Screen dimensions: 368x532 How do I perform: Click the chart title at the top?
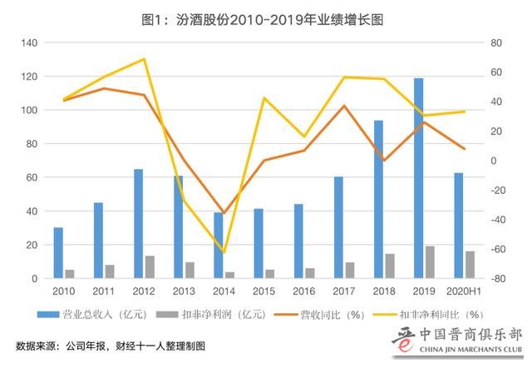tap(266, 14)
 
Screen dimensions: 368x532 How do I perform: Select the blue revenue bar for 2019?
tap(419, 178)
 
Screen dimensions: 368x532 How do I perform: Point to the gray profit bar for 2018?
tap(390, 266)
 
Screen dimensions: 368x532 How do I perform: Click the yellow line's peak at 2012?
tap(144, 59)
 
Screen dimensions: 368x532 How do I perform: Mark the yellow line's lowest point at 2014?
tap(224, 251)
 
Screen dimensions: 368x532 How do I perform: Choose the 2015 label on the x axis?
tap(264, 291)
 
